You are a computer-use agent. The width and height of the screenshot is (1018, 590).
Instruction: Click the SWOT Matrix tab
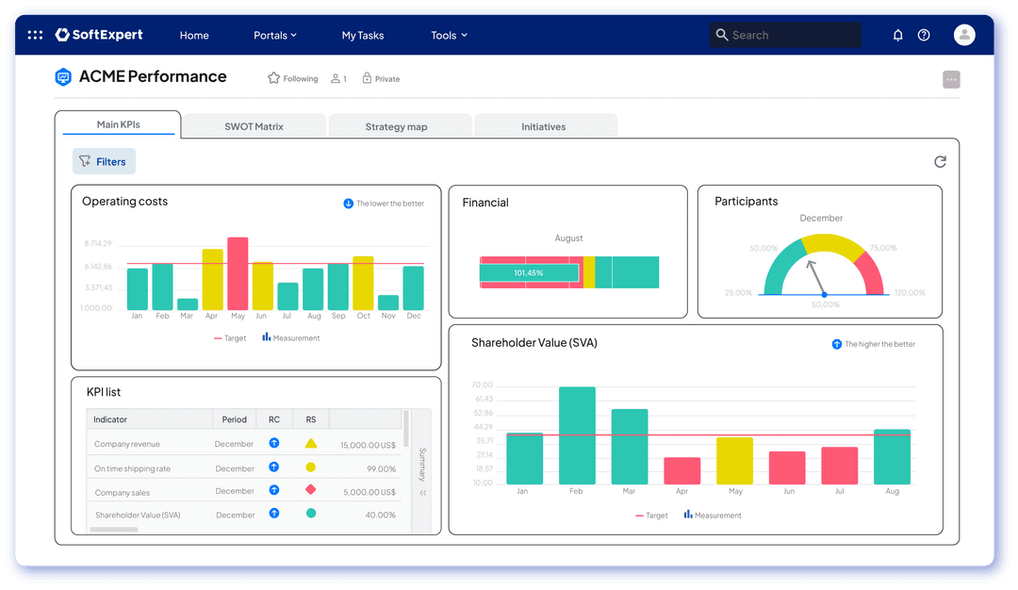click(254, 126)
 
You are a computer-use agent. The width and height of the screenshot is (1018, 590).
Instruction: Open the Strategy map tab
click(397, 126)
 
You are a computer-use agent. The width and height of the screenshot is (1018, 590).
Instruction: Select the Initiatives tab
click(544, 126)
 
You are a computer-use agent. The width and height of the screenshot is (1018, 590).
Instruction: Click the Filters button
click(104, 161)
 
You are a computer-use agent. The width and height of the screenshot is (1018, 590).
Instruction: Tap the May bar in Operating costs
click(238, 273)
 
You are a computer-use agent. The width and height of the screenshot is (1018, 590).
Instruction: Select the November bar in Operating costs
click(388, 303)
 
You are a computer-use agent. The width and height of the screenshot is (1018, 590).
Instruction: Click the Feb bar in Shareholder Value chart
click(577, 435)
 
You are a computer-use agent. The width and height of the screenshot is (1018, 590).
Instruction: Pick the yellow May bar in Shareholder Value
click(735, 460)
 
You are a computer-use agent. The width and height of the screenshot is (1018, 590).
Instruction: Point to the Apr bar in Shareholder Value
click(682, 470)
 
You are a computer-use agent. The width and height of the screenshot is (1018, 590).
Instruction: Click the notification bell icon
click(897, 35)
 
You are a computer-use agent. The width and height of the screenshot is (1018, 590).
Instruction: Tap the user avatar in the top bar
click(964, 35)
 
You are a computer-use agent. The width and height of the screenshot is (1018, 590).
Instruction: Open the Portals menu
click(274, 35)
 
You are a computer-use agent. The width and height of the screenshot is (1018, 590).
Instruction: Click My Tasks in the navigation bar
click(363, 35)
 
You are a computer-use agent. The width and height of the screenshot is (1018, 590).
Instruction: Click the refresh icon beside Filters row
click(940, 162)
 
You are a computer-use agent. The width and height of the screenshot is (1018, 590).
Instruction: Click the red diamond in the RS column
click(310, 490)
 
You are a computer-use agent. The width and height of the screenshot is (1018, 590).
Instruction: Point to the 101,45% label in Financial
click(528, 272)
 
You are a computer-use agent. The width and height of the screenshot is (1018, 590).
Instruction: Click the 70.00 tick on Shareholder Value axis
click(483, 385)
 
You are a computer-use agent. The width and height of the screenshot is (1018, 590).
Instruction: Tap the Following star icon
click(273, 78)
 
